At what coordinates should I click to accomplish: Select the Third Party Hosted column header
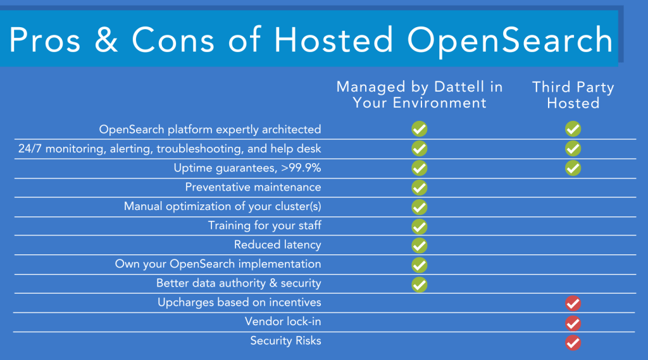(x=573, y=95)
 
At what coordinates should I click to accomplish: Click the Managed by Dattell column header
(x=420, y=95)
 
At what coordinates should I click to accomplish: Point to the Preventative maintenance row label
(x=253, y=187)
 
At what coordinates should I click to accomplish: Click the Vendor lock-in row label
(x=283, y=321)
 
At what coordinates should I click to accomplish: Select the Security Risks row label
(x=285, y=341)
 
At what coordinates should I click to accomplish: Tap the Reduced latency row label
(x=278, y=245)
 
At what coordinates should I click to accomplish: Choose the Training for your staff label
(x=265, y=226)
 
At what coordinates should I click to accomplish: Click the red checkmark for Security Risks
(x=573, y=343)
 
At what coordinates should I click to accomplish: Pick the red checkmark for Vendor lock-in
(x=573, y=323)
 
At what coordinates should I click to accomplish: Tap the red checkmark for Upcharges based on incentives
(x=573, y=304)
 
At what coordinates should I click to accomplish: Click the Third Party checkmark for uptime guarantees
(x=573, y=168)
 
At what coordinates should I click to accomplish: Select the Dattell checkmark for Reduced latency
(x=420, y=245)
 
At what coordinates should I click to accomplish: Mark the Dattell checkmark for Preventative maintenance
(x=420, y=188)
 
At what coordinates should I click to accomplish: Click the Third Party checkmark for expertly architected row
(x=573, y=130)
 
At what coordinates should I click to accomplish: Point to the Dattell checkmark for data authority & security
(x=420, y=284)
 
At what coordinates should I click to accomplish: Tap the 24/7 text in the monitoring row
(x=30, y=149)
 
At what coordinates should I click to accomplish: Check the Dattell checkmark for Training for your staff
(x=420, y=227)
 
